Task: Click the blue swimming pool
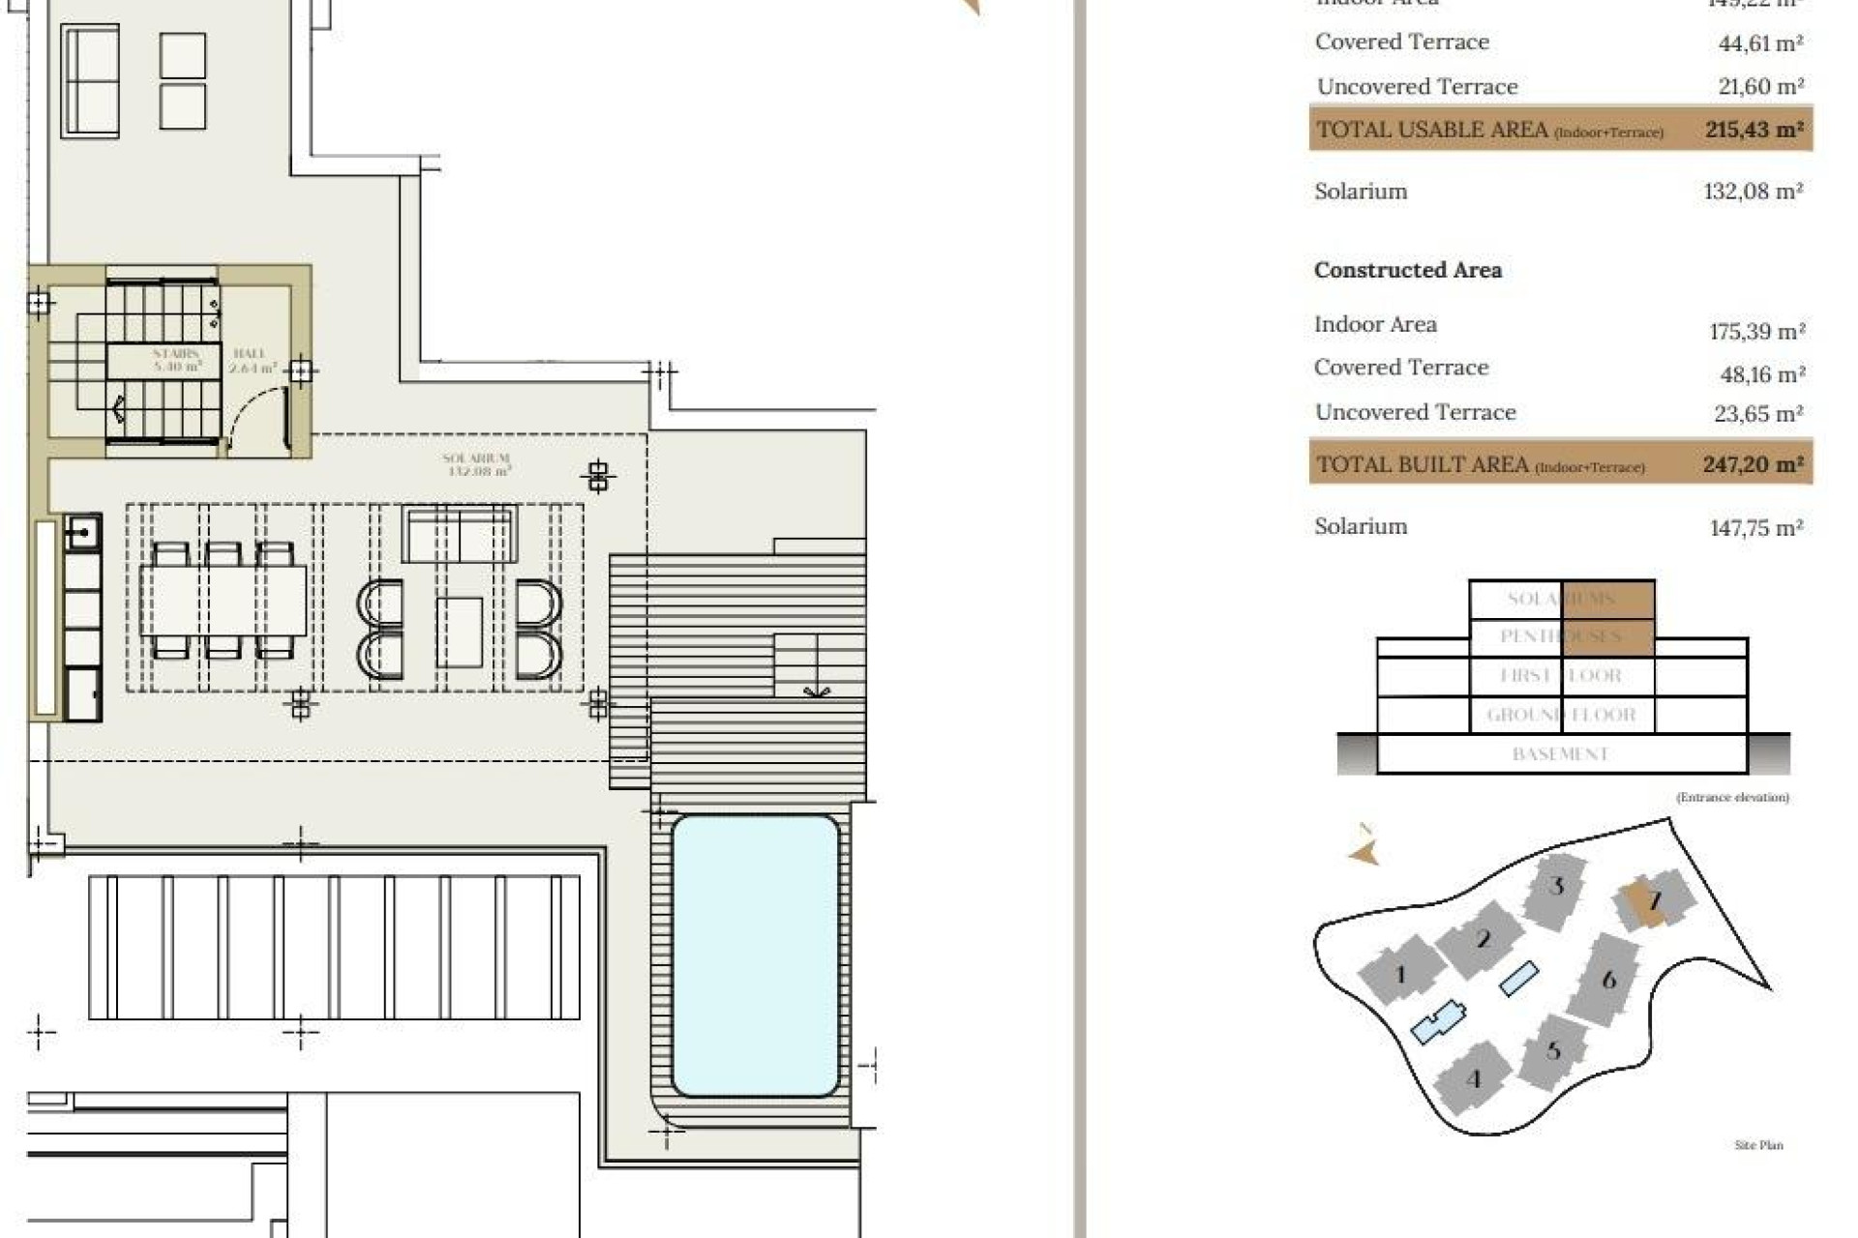pyautogui.click(x=755, y=956)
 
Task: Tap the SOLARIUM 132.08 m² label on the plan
pyautogui.click(x=477, y=465)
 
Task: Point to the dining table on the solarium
pyautogui.click(x=224, y=601)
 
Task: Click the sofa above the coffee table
pyautogui.click(x=459, y=533)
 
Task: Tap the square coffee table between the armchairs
pyautogui.click(x=459, y=632)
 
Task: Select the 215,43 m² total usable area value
pyautogui.click(x=1753, y=130)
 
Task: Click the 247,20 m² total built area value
pyautogui.click(x=1753, y=464)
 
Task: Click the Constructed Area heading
pyautogui.click(x=1407, y=271)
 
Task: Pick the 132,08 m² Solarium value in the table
pyautogui.click(x=1753, y=192)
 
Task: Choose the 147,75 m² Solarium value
pyautogui.click(x=1755, y=528)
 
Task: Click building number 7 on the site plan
pyautogui.click(x=1654, y=901)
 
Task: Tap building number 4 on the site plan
pyautogui.click(x=1473, y=1078)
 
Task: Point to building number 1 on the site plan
pyautogui.click(x=1399, y=974)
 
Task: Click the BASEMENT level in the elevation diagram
pyautogui.click(x=1560, y=754)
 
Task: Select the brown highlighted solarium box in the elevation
pyautogui.click(x=1607, y=600)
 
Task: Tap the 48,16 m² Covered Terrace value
pyautogui.click(x=1757, y=374)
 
